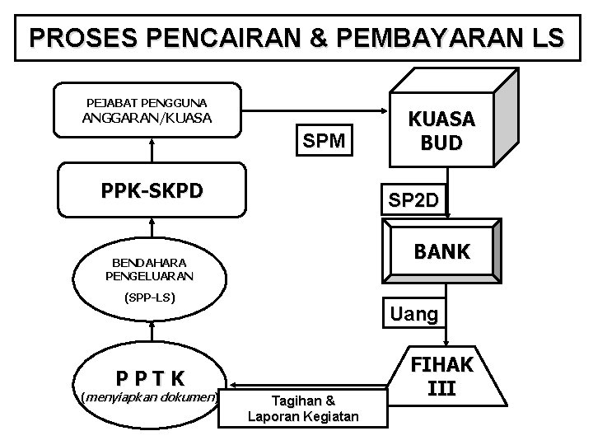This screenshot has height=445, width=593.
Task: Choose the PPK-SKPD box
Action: pos(152,191)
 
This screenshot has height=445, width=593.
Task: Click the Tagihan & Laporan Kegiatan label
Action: pos(303,409)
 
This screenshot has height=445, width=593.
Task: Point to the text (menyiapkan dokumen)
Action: pos(151,398)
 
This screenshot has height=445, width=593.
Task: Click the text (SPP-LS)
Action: pos(151,297)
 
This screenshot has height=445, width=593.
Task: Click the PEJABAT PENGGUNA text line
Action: pos(147,103)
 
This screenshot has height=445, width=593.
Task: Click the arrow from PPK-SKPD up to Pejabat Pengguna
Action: pos(152,149)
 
